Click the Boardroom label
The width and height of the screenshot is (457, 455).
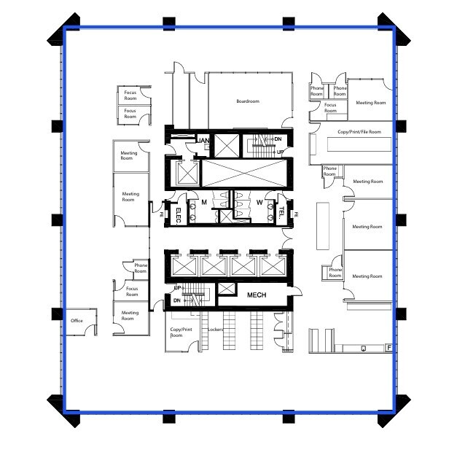(x=248, y=101)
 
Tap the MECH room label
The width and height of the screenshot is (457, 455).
(x=256, y=295)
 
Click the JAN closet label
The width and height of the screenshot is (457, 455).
(x=203, y=140)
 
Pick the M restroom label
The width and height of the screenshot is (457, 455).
(x=205, y=202)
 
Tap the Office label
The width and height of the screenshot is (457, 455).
(x=77, y=321)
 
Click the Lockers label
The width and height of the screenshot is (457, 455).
(x=215, y=330)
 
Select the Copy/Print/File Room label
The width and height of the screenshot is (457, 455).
(x=359, y=132)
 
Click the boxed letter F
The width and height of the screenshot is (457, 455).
(x=389, y=348)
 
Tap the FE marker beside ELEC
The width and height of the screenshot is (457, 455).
(x=162, y=214)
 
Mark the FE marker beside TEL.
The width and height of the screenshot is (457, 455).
(x=297, y=214)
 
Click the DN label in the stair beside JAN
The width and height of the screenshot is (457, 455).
(x=278, y=139)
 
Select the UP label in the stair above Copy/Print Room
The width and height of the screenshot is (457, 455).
(x=177, y=289)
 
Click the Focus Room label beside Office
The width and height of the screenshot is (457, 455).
(x=132, y=292)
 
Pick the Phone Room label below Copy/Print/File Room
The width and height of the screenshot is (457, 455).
(x=330, y=171)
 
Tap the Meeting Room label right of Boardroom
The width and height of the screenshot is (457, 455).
(x=370, y=103)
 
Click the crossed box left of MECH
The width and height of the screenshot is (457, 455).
(x=227, y=289)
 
